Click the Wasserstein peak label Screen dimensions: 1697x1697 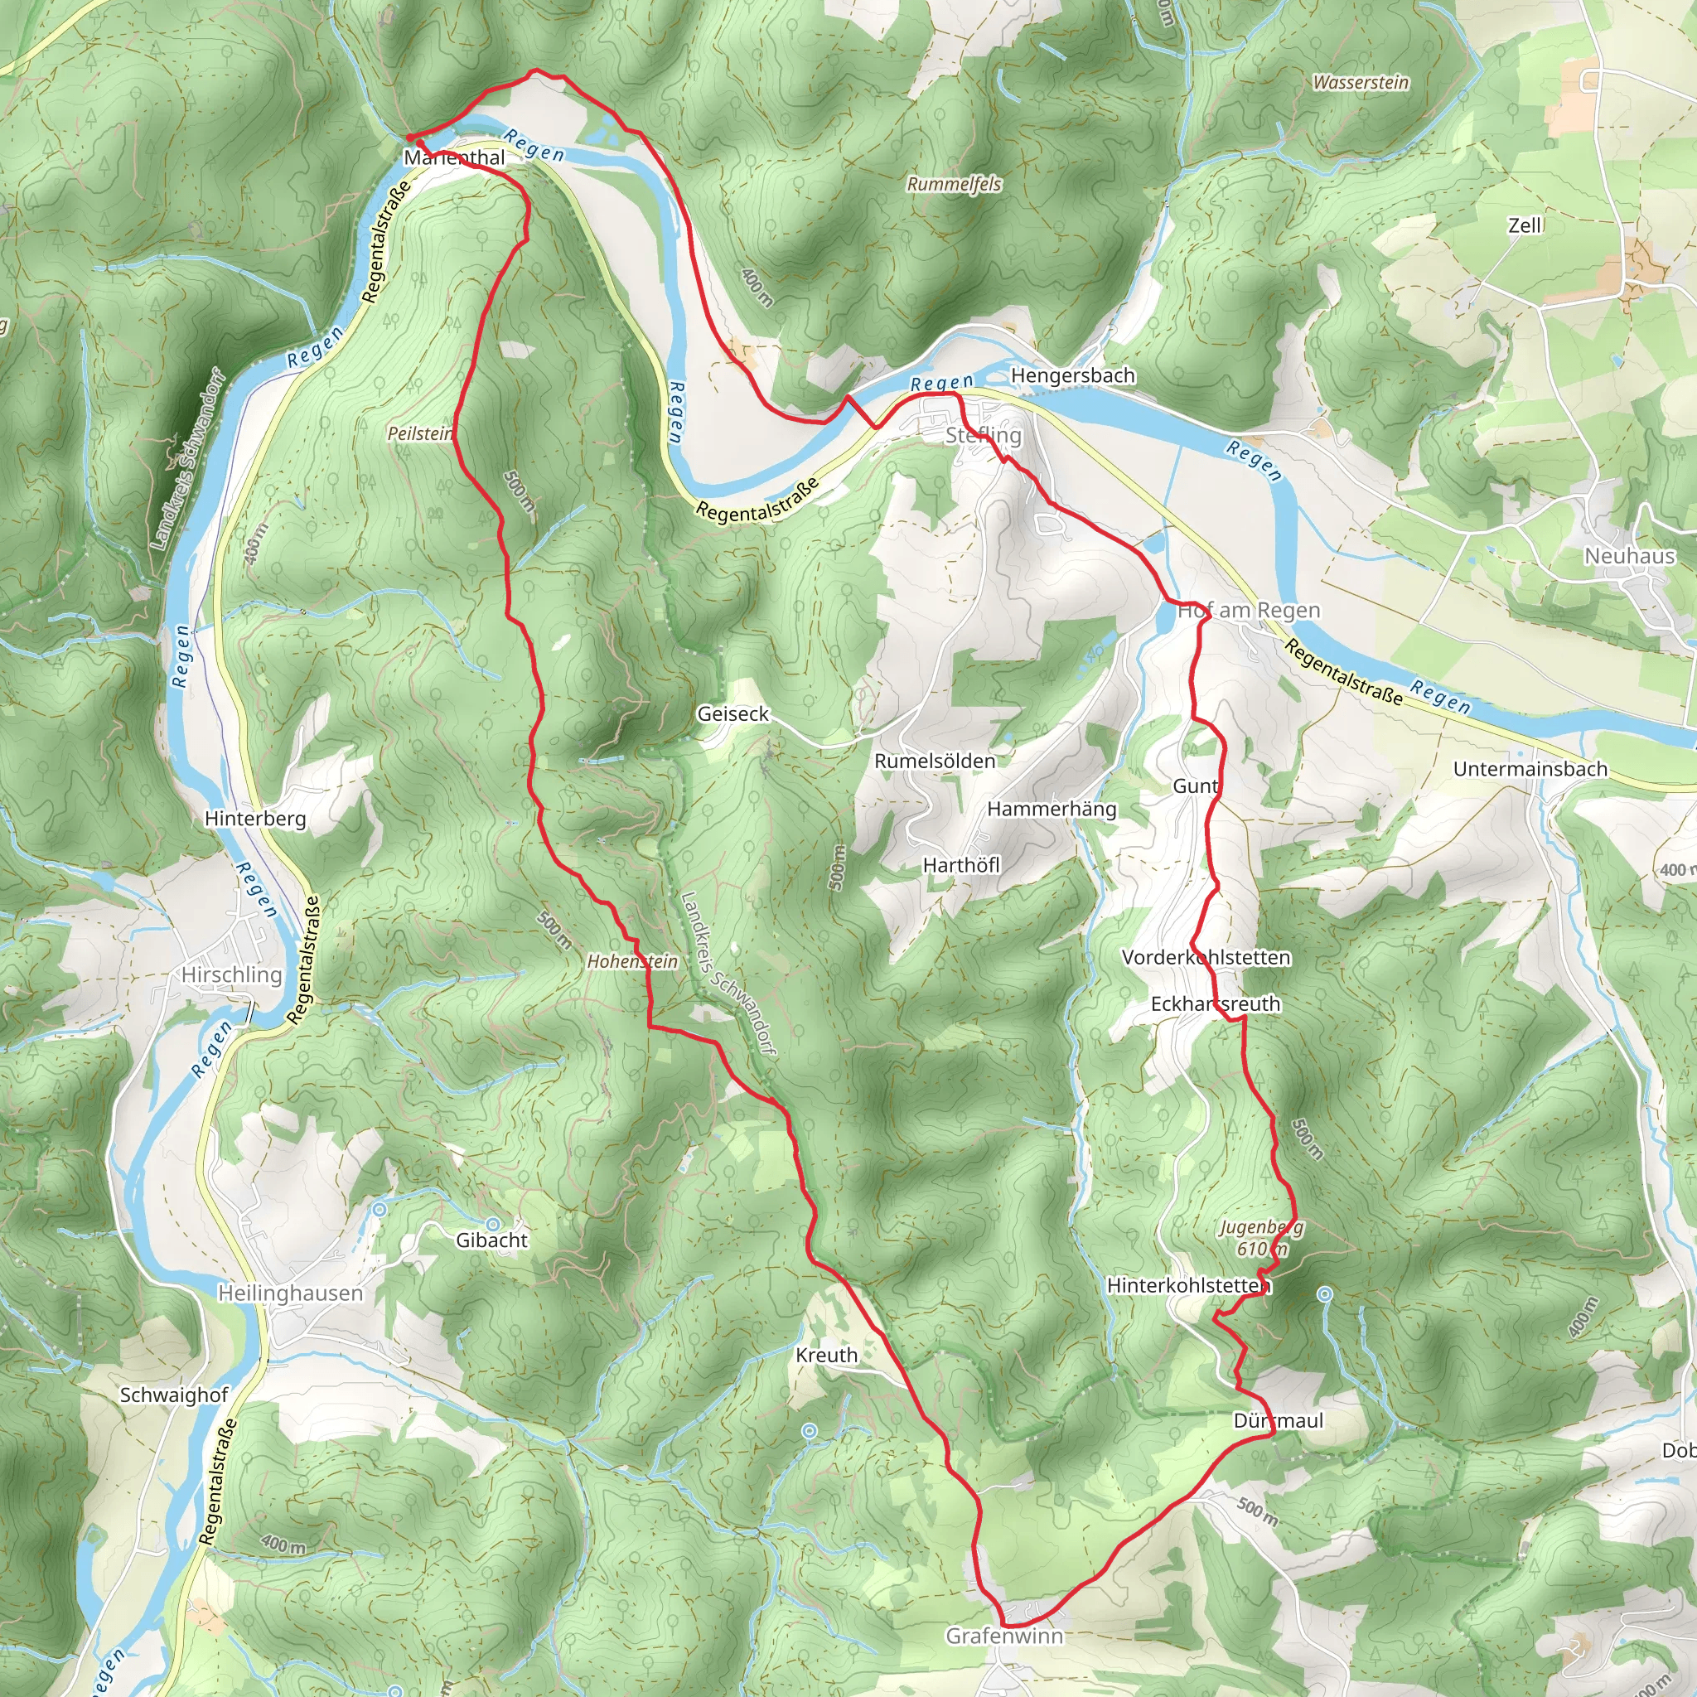pos(1361,83)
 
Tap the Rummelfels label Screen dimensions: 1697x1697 pos(954,185)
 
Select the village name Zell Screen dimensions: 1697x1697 pos(1525,225)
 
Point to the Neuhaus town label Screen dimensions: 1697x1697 pos(1629,556)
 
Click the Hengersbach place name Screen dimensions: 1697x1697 pos(1072,376)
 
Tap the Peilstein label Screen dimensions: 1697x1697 pos(420,433)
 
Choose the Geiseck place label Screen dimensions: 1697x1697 pos(732,714)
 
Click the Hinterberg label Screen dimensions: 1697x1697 pos(255,819)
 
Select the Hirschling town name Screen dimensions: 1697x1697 pos(232,975)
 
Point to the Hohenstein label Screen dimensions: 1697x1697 pos(632,962)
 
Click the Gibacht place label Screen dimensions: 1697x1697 pos(492,1240)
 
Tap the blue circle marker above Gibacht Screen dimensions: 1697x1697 pos(493,1224)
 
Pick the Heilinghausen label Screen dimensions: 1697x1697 pos(290,1293)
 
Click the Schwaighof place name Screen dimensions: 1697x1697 pos(174,1395)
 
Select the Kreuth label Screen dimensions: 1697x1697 pos(826,1356)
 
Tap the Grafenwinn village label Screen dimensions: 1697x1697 pos(1004,1637)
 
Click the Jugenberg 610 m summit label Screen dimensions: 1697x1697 pos(1261,1238)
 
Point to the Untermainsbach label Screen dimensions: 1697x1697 pos(1530,770)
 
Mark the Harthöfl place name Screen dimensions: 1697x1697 pos(961,865)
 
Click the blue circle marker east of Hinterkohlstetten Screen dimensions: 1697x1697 pos(1326,1293)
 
